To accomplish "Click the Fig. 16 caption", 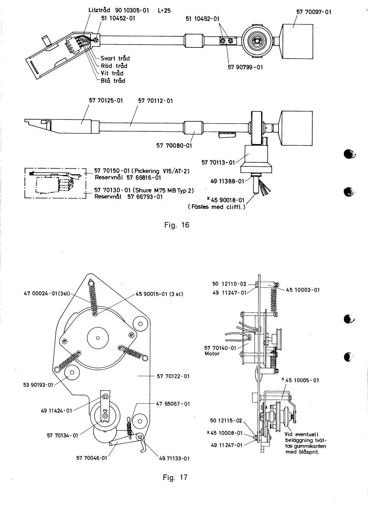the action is (x=177, y=225).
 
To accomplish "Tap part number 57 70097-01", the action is (x=314, y=12).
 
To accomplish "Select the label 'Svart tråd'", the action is (x=115, y=58).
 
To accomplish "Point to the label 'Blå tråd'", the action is (x=113, y=80).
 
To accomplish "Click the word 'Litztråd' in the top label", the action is (x=100, y=10).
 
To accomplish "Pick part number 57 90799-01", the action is (x=245, y=67).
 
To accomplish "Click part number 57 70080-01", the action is (x=174, y=146).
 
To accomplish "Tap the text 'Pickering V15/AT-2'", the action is (x=162, y=171).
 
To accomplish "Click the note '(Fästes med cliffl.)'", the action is (x=217, y=207).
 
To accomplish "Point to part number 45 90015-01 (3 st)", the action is (x=159, y=294).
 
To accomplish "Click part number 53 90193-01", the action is (x=38, y=385).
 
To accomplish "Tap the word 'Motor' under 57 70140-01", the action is (x=212, y=354).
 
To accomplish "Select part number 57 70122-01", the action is (x=173, y=376).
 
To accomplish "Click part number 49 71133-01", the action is (x=174, y=458).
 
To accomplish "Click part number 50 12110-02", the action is (x=229, y=284).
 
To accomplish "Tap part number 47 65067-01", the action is (x=173, y=404).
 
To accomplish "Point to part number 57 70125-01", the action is (x=106, y=101).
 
